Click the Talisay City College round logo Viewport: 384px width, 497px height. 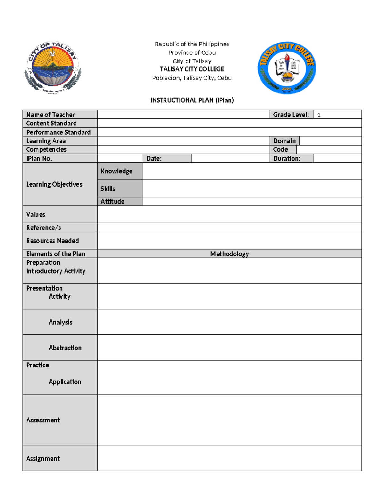(x=287, y=68)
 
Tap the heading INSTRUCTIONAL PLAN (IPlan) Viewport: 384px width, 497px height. (x=192, y=100)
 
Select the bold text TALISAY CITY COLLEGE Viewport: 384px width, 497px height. (x=192, y=69)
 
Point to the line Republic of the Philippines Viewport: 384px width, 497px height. (x=192, y=44)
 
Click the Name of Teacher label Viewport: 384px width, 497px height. (x=50, y=115)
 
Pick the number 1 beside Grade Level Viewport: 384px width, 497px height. (x=319, y=115)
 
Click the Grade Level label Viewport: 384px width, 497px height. (x=291, y=115)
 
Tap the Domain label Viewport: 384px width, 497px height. (x=284, y=141)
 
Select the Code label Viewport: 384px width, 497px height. (x=280, y=149)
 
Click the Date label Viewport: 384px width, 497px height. (x=154, y=158)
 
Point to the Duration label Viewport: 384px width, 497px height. (x=286, y=158)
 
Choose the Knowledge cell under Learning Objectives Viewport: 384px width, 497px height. (x=116, y=171)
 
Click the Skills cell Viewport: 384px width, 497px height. (x=108, y=189)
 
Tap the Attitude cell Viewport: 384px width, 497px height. (x=112, y=201)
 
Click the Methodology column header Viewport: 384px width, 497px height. (x=229, y=254)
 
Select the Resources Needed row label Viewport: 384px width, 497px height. (x=52, y=241)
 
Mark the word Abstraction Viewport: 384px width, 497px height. (x=65, y=348)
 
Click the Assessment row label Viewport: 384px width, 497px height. (x=43, y=420)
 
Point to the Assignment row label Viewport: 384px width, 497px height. (x=43, y=459)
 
